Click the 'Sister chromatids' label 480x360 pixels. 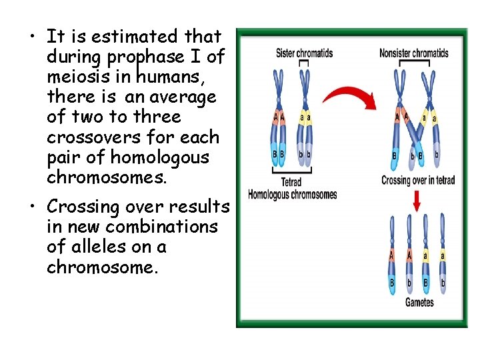304,53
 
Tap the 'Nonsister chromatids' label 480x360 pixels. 413,53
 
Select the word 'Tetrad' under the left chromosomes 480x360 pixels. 291,181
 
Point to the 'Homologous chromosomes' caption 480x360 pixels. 292,195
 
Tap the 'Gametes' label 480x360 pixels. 419,302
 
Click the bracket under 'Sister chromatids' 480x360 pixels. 303,63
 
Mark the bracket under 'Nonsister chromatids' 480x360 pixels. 413,63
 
